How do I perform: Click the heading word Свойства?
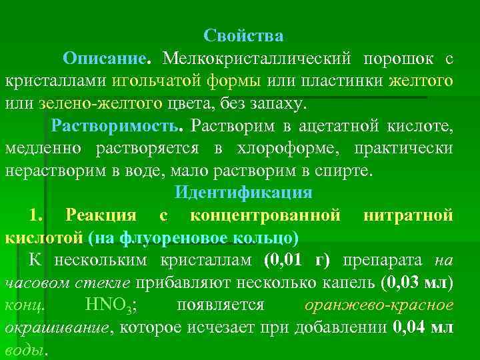pyautogui.click(x=243, y=35)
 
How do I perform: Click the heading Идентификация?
pyautogui.click(x=243, y=193)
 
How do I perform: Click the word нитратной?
pyautogui.click(x=409, y=215)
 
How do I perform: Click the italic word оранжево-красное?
pyautogui.click(x=379, y=305)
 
